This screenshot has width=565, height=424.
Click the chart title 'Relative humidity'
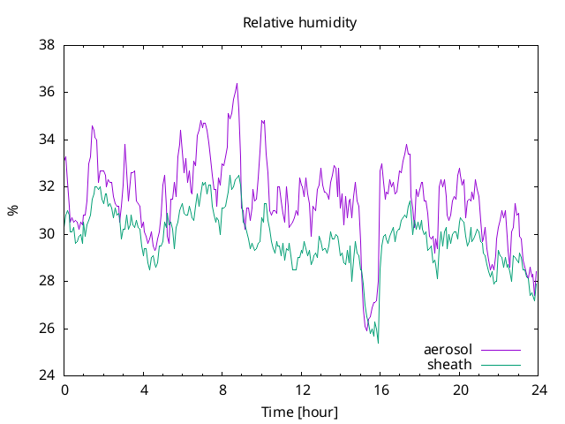pos(300,23)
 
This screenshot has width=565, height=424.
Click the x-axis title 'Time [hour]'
pos(299,412)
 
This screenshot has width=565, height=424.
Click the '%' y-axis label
pos(13,210)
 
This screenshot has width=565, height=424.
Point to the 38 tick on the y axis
pos(47,45)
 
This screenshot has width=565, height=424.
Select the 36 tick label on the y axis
pos(47,92)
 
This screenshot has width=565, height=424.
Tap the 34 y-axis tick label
pos(47,140)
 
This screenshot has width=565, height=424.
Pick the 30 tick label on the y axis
pos(47,234)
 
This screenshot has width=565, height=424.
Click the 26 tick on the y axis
pos(47,329)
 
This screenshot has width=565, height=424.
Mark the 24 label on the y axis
pos(47,375)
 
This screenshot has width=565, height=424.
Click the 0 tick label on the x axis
pos(64,390)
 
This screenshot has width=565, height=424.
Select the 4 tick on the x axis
pos(144,390)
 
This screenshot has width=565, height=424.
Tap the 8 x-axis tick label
pos(222,390)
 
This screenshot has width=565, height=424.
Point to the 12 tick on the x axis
pos(302,390)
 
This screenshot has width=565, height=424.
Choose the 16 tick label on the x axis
pos(380,390)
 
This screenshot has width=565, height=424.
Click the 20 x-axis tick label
pos(460,390)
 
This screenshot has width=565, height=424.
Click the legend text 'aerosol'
pos(448,350)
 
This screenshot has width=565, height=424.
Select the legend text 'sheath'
pos(449,365)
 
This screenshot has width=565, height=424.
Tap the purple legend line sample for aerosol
pos(501,350)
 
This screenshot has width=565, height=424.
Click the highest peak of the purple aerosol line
pos(237,84)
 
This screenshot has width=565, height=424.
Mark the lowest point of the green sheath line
pos(378,343)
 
